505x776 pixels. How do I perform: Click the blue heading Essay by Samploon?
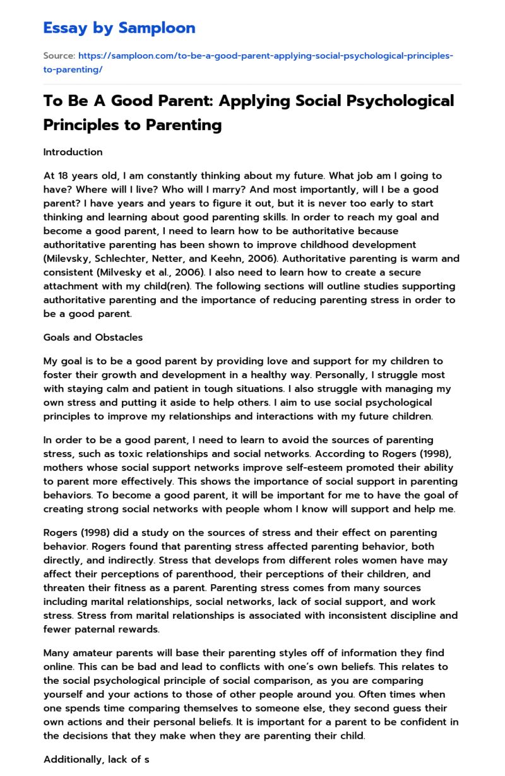[x=119, y=28]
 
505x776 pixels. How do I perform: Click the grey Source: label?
[x=59, y=56]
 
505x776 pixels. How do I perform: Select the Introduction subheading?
[x=73, y=152]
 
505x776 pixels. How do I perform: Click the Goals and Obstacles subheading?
[x=93, y=337]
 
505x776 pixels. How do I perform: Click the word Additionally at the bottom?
[x=71, y=760]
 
